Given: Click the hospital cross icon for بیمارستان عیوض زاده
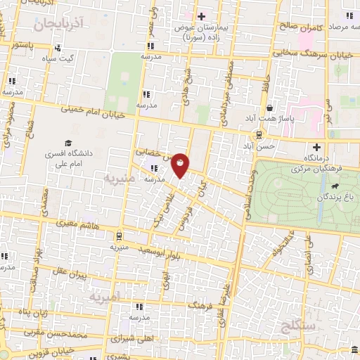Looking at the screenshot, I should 201,16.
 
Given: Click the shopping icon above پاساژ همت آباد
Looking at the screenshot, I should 271,108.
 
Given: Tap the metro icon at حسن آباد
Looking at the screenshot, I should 259,134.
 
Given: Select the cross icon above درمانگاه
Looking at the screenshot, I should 316,147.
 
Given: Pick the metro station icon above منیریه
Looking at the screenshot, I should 118,236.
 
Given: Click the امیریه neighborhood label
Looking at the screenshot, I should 105,297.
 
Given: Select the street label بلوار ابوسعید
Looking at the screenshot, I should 161,250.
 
